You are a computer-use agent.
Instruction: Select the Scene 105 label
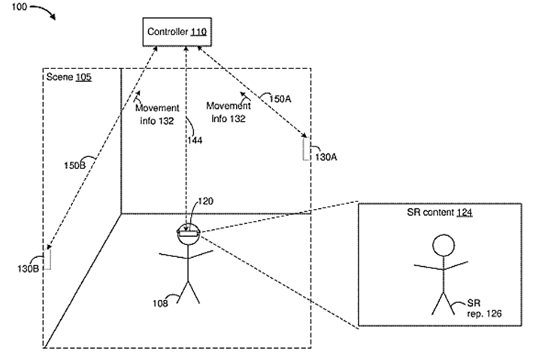click(x=69, y=77)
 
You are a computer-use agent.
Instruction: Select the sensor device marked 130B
click(x=47, y=259)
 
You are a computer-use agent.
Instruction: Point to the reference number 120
click(x=205, y=202)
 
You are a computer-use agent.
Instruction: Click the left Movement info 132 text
click(x=158, y=113)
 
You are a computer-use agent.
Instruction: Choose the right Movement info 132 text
click(x=228, y=112)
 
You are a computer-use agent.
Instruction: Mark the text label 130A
click(x=326, y=157)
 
